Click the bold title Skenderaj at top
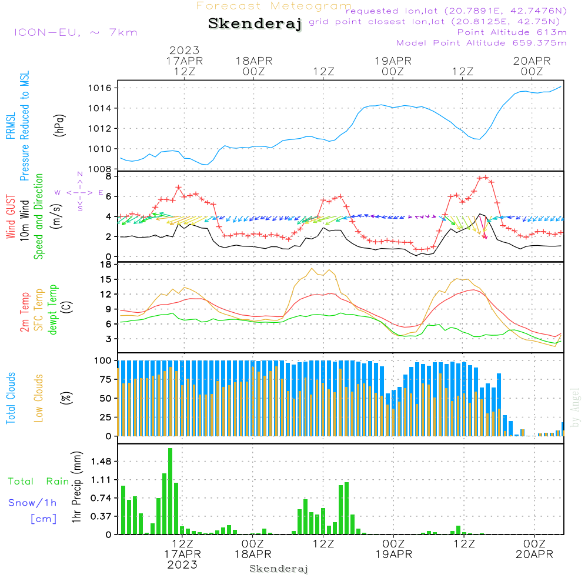pos(255,24)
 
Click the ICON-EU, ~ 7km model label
pos(75,32)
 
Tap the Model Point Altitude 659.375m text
pos(482,43)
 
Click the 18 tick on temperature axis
pos(106,264)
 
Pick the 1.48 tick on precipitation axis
pos(102,460)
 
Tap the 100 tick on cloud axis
pos(103,360)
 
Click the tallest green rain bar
pos(170,491)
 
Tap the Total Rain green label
pos(38,481)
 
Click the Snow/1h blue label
pos(33,503)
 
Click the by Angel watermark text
pos(575,407)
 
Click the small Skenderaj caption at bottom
pos(279,569)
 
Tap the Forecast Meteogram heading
pos(274,6)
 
